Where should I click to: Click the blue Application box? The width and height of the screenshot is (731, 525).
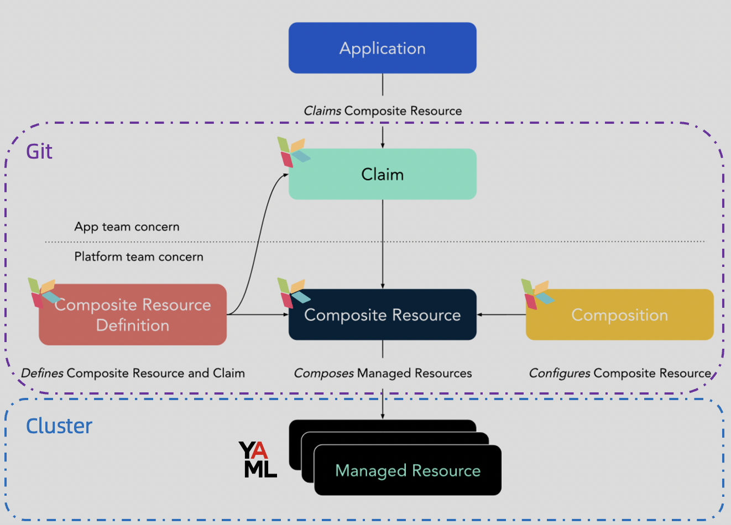[382, 48]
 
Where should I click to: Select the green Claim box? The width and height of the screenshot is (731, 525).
[382, 174]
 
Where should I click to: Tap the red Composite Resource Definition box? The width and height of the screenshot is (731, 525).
[133, 315]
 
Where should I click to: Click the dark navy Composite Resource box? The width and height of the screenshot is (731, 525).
[382, 314]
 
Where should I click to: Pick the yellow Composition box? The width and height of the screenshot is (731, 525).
[619, 314]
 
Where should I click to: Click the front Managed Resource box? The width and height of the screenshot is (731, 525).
[408, 470]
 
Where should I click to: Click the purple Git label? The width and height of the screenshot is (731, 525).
[39, 151]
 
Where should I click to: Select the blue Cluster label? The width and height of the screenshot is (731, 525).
[59, 426]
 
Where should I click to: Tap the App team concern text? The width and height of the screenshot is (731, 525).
[127, 227]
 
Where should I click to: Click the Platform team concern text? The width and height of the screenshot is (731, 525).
[139, 256]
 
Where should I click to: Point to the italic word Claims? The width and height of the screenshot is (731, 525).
[322, 111]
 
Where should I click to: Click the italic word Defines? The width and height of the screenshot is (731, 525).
[42, 373]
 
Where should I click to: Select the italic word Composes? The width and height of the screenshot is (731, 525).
[323, 373]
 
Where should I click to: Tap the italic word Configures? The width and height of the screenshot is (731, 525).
[560, 373]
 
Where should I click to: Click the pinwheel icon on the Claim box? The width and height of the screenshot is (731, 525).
[293, 152]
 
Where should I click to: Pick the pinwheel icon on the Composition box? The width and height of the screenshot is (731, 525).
[537, 294]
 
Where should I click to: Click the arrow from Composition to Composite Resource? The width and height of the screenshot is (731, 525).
[501, 314]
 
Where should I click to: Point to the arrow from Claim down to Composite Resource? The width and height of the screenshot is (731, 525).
[383, 243]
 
